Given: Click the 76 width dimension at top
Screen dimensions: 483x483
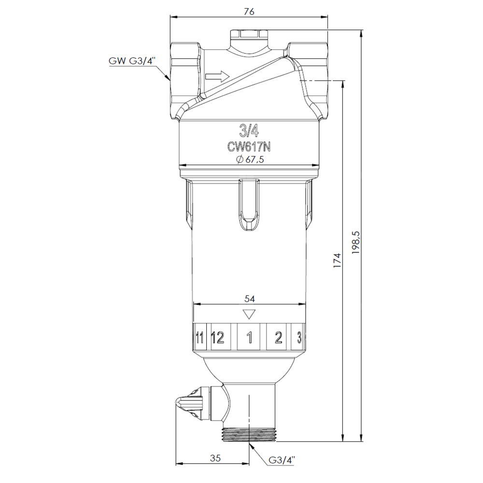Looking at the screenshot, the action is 249,12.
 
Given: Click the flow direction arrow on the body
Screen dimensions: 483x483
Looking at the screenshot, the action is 217,76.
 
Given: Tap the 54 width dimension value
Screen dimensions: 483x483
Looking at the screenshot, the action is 250,298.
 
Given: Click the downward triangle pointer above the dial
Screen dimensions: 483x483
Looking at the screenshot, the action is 249,314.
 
